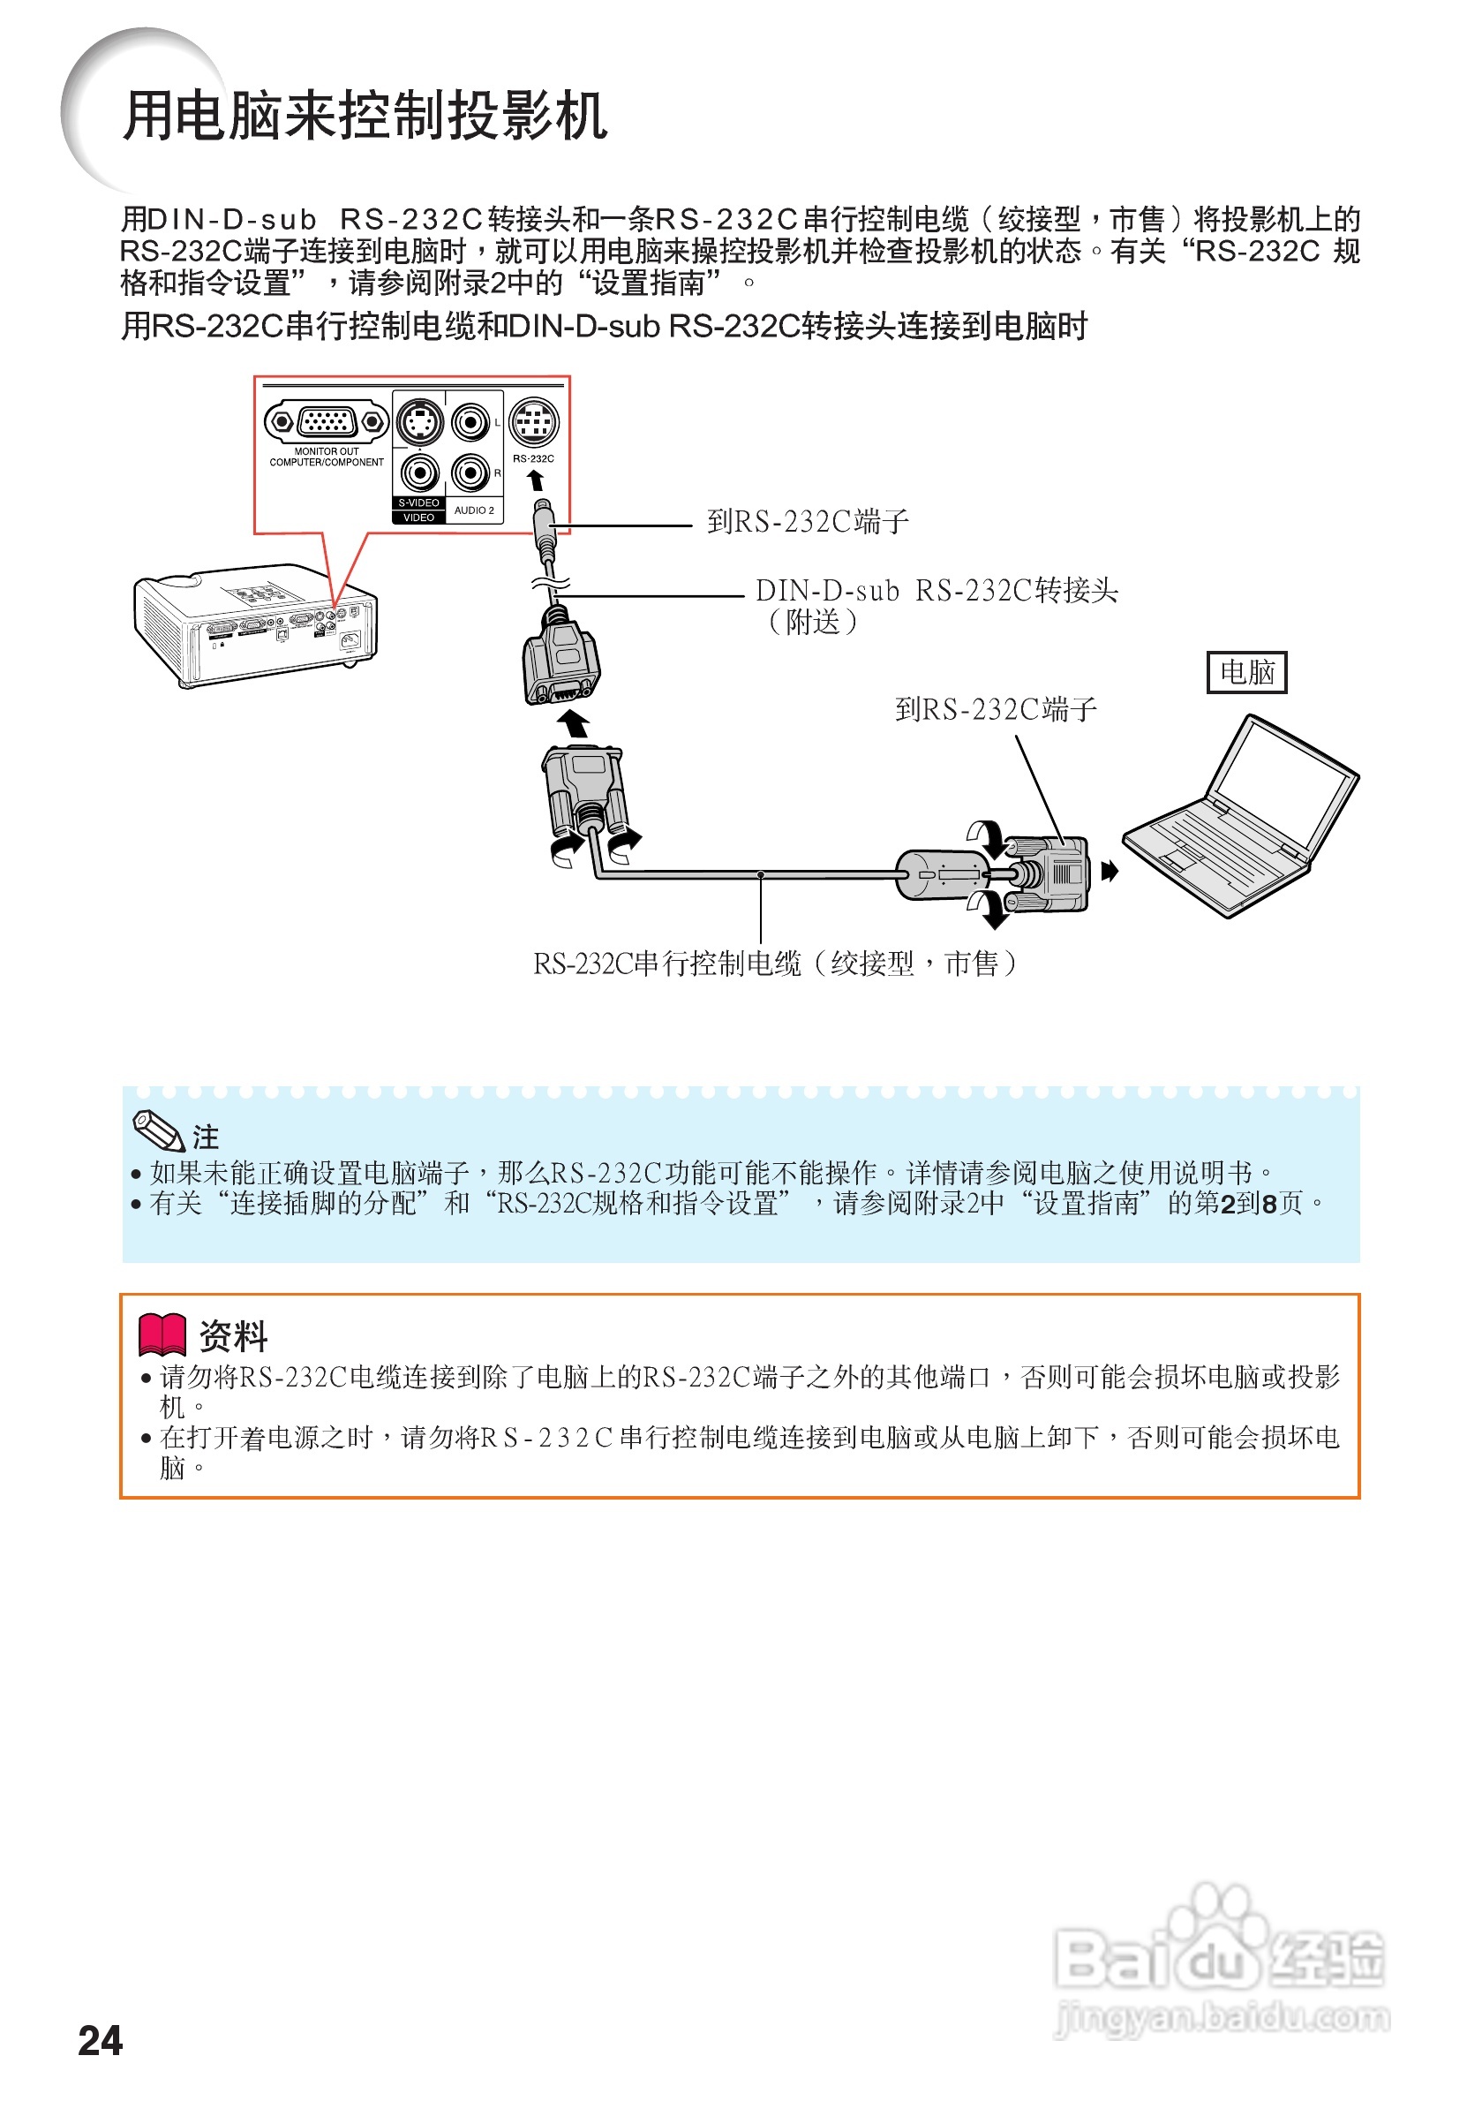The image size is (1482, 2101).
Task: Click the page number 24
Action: point(100,2040)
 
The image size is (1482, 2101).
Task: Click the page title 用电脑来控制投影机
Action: point(364,117)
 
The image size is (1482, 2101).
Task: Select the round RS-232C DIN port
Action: point(533,422)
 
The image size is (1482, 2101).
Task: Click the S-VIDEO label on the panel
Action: point(418,503)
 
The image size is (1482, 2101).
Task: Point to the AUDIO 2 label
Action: point(474,510)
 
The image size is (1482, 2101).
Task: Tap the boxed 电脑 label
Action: point(1246,673)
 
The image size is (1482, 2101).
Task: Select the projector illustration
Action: point(254,625)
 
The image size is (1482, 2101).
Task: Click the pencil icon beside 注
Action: point(158,1130)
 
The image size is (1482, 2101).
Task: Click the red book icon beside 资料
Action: point(162,1335)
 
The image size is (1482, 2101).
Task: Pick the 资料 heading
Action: point(233,1336)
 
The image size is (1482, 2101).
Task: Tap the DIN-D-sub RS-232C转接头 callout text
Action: point(936,591)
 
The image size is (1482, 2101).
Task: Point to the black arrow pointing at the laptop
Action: point(1109,870)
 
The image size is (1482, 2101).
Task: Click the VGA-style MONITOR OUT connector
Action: point(327,422)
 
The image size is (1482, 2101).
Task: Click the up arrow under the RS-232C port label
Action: point(536,480)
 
